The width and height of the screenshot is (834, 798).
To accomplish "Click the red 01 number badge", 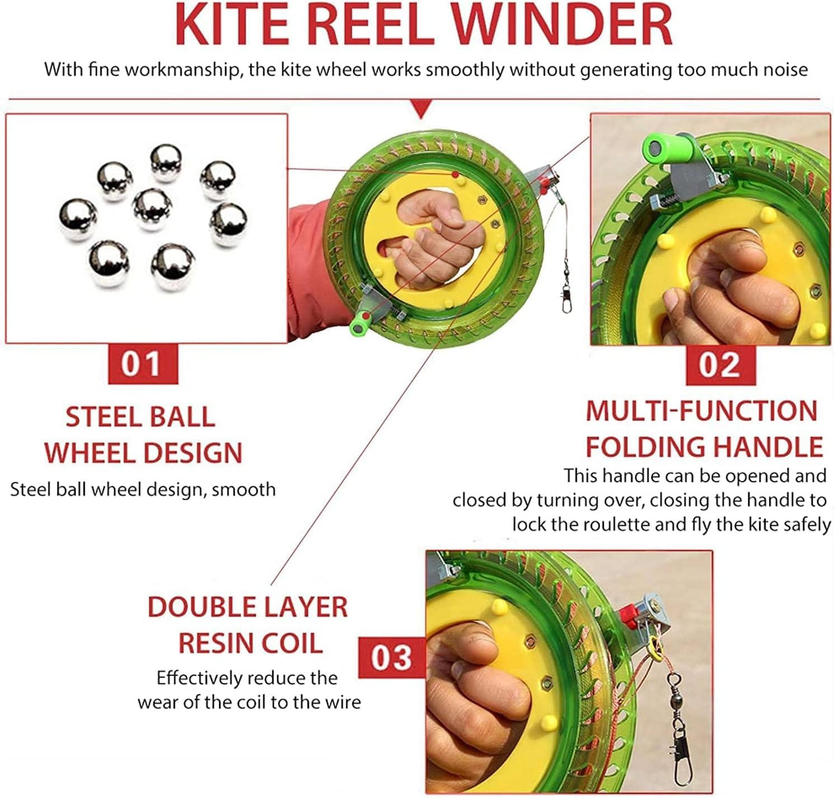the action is pos(143,364).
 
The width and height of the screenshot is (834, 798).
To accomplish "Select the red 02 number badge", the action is pos(720,365).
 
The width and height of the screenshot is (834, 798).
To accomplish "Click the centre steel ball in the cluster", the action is pos(152,209).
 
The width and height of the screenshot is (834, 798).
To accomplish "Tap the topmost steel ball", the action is pos(166,163).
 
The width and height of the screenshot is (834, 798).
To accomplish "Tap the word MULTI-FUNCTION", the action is pos(702,411).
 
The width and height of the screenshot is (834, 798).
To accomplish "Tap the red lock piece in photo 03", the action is pos(628,613).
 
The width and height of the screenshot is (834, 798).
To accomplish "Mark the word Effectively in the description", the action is pos(199,678).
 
